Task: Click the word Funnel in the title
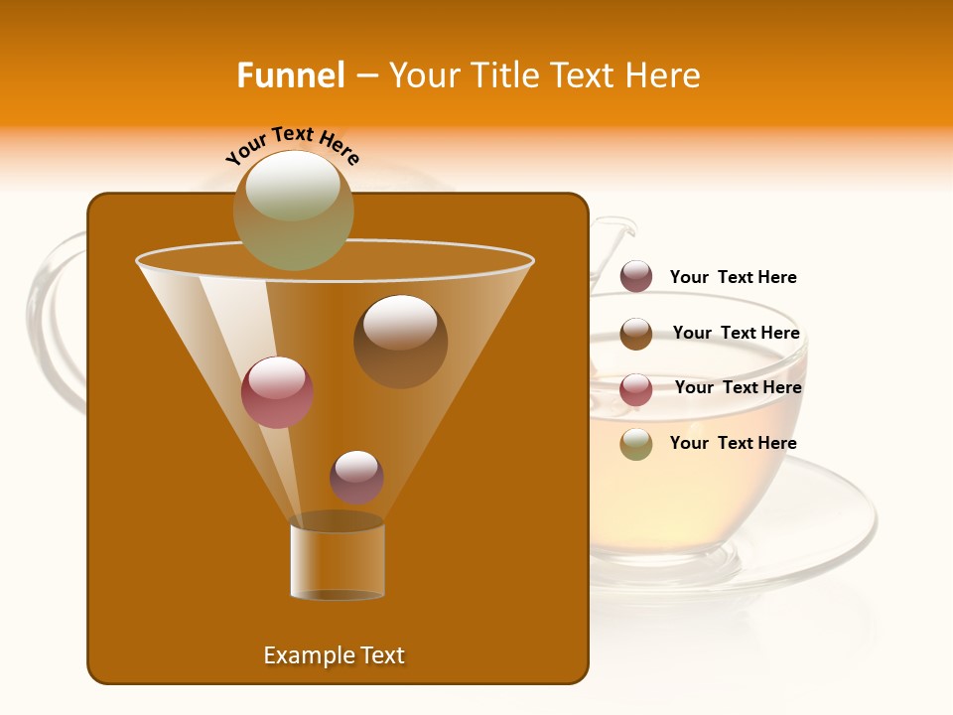(x=290, y=75)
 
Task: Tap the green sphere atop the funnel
(x=293, y=210)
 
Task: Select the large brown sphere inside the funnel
(x=400, y=341)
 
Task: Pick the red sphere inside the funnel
(x=277, y=392)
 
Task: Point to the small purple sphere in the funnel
(x=356, y=477)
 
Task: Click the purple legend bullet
(x=636, y=277)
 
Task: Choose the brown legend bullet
(x=636, y=334)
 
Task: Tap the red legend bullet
(x=636, y=389)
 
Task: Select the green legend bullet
(x=636, y=444)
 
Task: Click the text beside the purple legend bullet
(x=733, y=278)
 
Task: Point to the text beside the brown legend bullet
(x=736, y=334)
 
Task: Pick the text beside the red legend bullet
(x=738, y=388)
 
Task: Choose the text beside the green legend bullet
(x=733, y=443)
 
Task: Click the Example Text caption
(x=334, y=655)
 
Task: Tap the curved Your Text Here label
(x=292, y=144)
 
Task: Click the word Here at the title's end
(x=665, y=75)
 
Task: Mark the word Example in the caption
(x=306, y=655)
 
